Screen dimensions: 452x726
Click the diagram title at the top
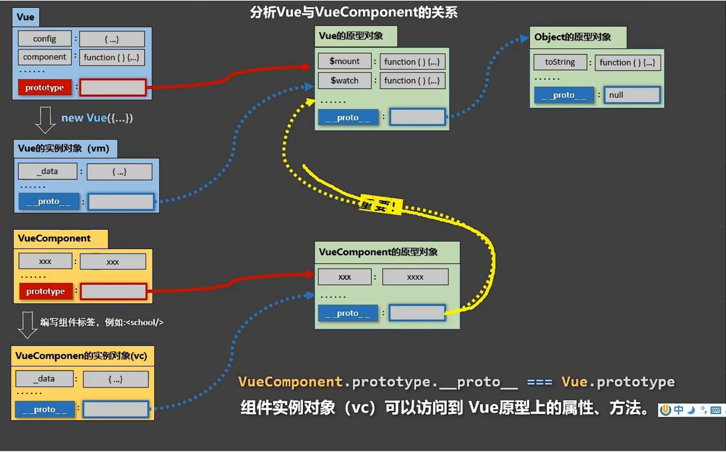click(x=354, y=13)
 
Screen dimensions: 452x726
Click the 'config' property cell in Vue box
click(x=44, y=39)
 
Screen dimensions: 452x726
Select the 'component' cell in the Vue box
click(x=44, y=57)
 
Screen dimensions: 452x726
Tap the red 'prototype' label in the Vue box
click(x=44, y=87)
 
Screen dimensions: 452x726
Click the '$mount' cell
click(x=345, y=61)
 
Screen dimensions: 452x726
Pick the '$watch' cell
click(x=345, y=80)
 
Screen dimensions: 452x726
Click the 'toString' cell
click(x=560, y=62)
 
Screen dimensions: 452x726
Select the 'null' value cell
click(x=632, y=95)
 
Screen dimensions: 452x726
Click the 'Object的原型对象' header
click(x=572, y=37)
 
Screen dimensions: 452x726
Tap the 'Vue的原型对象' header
click(x=351, y=36)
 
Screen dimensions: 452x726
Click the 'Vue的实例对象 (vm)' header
click(x=64, y=148)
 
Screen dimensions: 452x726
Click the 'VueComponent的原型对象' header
click(x=378, y=252)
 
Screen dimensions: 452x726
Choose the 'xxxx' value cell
click(x=415, y=277)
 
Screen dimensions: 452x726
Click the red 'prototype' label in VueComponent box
click(x=45, y=291)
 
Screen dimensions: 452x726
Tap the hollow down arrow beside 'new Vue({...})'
click(x=45, y=120)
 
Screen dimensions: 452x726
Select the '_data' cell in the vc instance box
click(x=43, y=379)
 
